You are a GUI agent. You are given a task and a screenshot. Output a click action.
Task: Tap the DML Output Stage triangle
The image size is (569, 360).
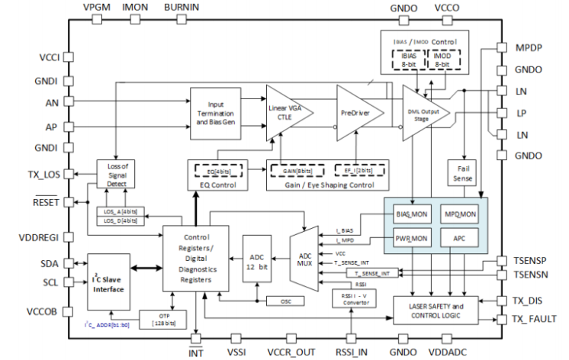(424, 113)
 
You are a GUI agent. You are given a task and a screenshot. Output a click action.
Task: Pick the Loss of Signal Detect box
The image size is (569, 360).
(116, 175)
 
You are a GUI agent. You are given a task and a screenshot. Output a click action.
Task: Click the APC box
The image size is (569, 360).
(458, 239)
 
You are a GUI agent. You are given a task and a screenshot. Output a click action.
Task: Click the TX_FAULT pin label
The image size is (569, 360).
(534, 318)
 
